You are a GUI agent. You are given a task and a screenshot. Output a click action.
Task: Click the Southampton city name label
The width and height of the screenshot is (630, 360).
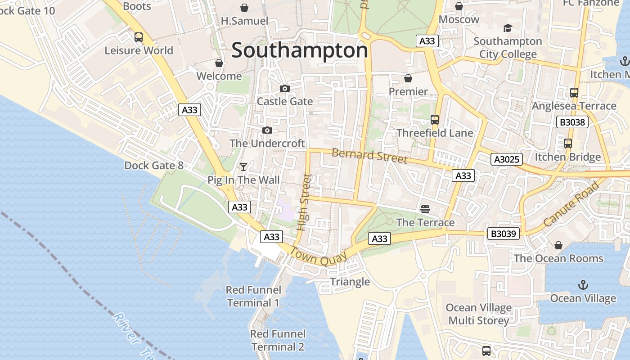299,50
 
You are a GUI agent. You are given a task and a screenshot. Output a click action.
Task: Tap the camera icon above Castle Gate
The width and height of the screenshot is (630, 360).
284,88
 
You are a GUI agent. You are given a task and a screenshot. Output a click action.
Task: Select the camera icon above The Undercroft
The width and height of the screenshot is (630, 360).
267,130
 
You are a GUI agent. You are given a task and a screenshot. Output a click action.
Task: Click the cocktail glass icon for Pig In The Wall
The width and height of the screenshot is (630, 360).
243,167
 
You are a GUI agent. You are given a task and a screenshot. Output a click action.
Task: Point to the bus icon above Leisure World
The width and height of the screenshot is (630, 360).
139,37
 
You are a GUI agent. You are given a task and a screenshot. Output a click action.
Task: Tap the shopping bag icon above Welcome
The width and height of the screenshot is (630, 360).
219,63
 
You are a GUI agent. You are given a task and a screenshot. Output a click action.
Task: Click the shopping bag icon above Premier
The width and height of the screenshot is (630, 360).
408,79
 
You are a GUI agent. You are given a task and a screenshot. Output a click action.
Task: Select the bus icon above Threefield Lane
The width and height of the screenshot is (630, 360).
435,120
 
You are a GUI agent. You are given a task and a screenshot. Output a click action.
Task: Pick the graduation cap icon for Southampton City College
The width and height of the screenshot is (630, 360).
508,28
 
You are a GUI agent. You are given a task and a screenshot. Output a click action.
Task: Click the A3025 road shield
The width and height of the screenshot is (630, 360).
507,159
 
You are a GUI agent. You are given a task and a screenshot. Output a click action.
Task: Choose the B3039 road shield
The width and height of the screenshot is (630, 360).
504,234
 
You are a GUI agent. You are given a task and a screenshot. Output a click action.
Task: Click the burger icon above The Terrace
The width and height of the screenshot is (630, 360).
425,209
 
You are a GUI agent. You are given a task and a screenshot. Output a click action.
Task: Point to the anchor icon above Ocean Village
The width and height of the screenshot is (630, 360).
583,285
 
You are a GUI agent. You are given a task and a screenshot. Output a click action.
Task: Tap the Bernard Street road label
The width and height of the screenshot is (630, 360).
369,156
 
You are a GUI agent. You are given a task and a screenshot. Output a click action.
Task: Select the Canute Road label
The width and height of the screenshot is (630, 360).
571,204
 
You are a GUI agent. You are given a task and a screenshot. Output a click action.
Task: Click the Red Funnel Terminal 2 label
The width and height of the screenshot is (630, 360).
278,340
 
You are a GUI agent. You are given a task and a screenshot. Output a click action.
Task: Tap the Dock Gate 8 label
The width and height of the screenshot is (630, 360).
154,166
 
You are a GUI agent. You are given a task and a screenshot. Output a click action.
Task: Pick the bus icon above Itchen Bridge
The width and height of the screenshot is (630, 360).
568,144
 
